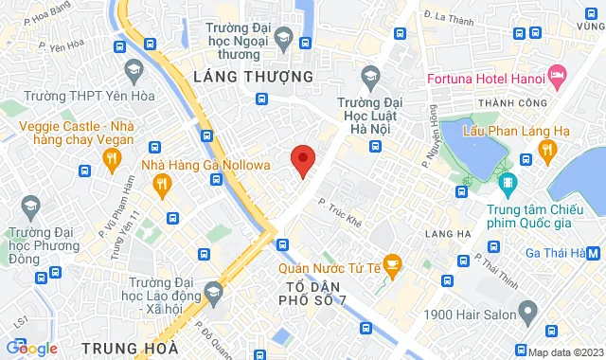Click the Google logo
(30, 348)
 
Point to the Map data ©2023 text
(564, 351)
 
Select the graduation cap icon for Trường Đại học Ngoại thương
(282, 37)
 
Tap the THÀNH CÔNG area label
(488, 102)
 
